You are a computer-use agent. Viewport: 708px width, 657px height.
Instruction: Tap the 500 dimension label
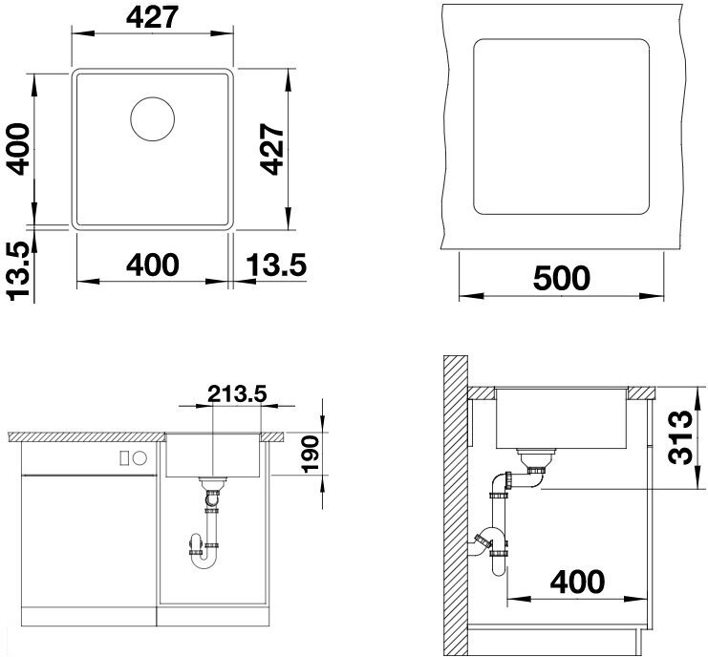click(561, 278)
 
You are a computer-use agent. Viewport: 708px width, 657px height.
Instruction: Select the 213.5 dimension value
click(237, 394)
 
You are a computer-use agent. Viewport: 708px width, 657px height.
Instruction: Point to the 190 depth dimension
click(311, 454)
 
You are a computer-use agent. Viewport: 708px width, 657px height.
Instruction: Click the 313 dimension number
click(680, 437)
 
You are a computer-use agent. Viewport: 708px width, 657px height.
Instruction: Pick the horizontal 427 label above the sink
click(153, 18)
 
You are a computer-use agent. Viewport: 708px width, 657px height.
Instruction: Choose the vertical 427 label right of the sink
click(271, 148)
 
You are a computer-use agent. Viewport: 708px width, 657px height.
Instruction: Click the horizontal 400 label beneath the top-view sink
click(153, 265)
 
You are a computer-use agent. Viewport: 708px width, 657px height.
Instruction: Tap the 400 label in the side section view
click(577, 583)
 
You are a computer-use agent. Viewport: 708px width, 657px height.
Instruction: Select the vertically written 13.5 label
click(19, 271)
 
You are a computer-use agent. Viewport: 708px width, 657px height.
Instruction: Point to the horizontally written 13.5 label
click(276, 265)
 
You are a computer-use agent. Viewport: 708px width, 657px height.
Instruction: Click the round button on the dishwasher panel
click(139, 458)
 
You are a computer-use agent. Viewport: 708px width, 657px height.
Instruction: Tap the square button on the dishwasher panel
click(124, 458)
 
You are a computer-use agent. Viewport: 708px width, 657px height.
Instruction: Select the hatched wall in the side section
click(455, 505)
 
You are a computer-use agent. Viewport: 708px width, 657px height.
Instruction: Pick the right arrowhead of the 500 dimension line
click(652, 296)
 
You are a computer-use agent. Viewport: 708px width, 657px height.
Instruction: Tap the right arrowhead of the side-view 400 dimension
click(635, 600)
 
